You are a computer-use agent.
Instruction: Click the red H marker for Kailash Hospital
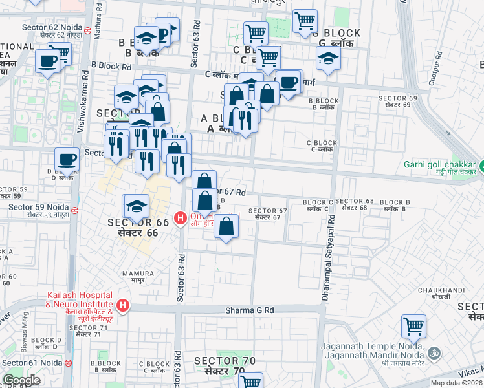coord(122,305)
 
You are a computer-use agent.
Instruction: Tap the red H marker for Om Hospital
coord(179,217)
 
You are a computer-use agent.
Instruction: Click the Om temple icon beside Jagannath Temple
coord(434,352)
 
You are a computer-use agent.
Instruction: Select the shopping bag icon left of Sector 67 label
coord(226,227)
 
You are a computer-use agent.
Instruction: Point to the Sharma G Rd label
coord(250,310)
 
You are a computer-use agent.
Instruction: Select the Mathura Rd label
coord(98,19)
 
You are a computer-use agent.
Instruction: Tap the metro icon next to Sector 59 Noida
coord(75,210)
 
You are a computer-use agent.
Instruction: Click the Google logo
coord(21,380)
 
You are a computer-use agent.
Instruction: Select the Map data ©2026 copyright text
coord(456,383)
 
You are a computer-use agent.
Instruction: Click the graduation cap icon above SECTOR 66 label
coord(136,206)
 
